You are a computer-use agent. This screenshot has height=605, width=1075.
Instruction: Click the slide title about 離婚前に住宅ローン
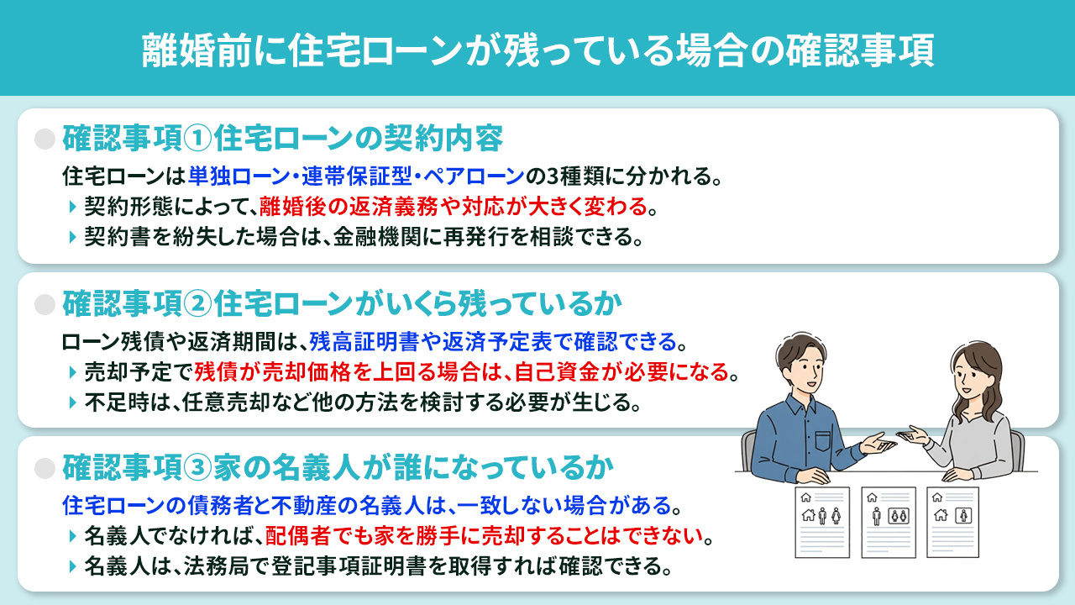coord(537,49)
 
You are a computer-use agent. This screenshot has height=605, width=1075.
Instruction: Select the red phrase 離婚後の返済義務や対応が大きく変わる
coord(454,206)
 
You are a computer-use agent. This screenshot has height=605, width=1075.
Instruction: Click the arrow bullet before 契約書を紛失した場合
coord(73,237)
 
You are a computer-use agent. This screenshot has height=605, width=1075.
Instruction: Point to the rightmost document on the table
coord(952,522)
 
